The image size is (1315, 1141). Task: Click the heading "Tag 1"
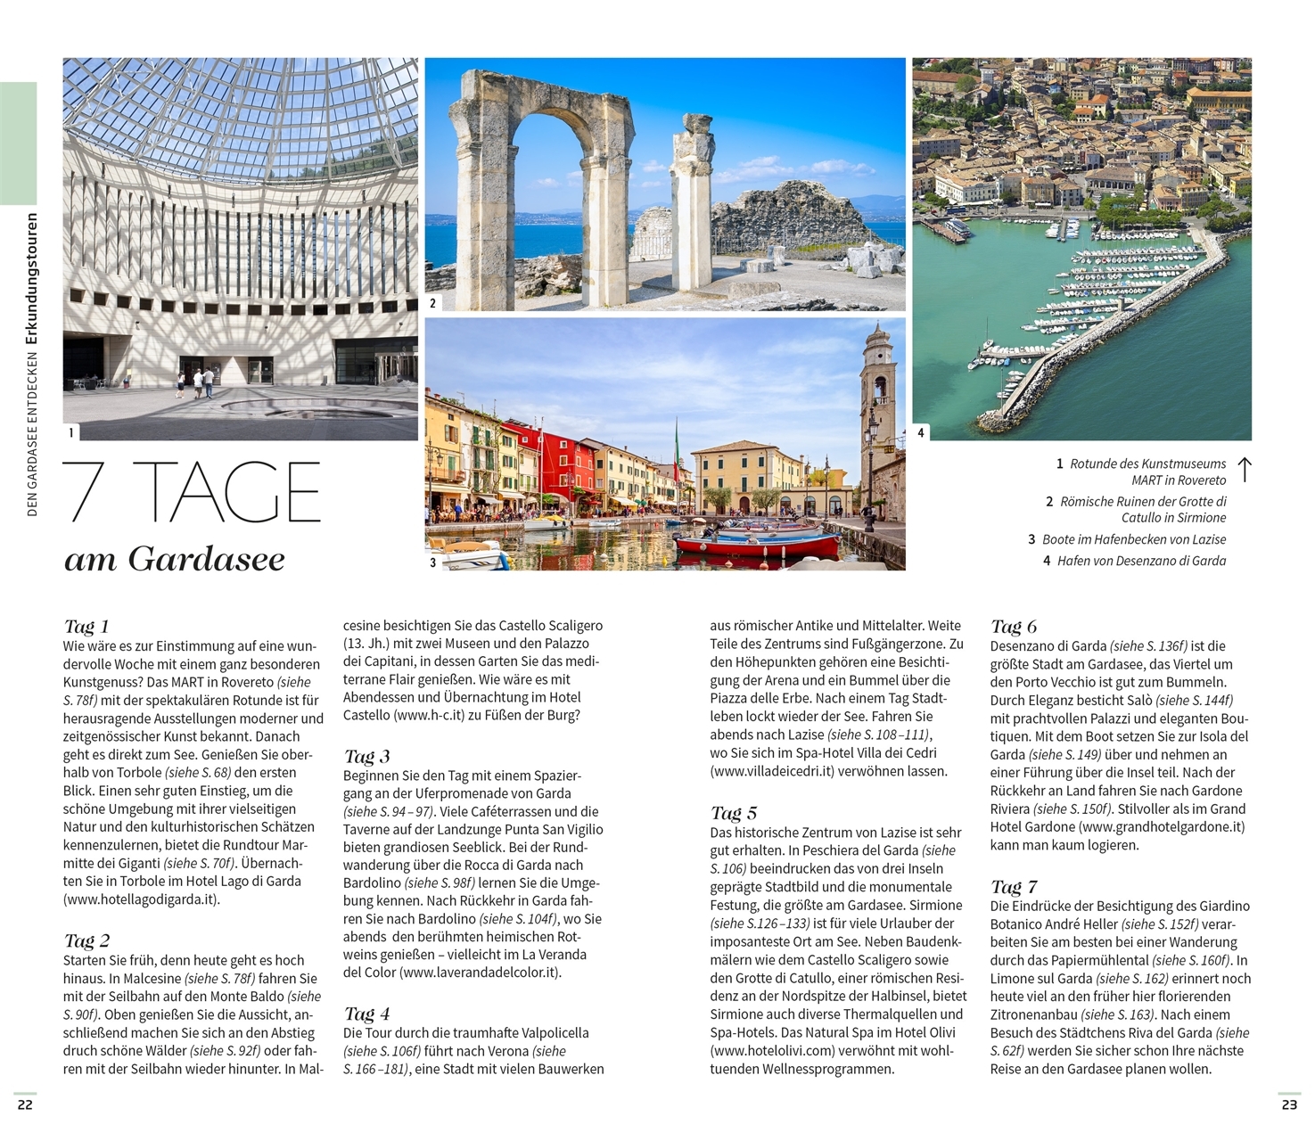[86, 626]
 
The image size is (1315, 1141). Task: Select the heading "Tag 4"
[366, 1014]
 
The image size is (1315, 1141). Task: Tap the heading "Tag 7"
[1014, 886]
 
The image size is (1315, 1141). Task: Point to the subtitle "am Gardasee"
[175, 559]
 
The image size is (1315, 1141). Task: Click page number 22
[25, 1104]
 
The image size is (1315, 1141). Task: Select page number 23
[1289, 1104]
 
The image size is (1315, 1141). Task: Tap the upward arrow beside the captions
[1245, 470]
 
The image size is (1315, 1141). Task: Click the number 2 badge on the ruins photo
[433, 303]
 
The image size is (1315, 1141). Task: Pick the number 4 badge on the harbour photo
[921, 433]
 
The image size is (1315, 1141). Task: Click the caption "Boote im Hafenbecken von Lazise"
[1133, 539]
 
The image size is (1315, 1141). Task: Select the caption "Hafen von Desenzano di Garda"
[1141, 561]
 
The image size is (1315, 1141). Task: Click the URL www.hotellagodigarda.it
[141, 899]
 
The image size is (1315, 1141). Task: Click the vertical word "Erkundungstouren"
[32, 278]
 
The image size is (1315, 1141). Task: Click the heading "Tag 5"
[734, 812]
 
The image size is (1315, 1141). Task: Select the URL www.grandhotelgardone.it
[1161, 826]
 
